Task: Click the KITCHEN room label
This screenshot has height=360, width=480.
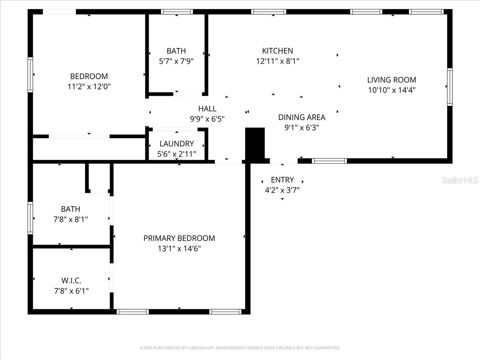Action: tap(277, 51)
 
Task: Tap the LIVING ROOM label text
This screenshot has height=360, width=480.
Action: tap(392, 80)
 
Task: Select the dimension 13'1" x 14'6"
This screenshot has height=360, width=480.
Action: tap(179, 248)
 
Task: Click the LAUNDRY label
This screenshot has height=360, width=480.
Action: tap(176, 144)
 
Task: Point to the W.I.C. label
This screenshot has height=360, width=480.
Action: tap(71, 280)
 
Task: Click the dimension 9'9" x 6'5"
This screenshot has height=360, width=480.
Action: tap(207, 119)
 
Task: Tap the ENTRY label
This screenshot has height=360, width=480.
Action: tap(282, 180)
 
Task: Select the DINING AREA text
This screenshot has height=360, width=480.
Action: tap(302, 117)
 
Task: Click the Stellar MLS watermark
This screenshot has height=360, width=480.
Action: tap(460, 180)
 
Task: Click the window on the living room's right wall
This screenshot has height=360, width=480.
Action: tap(450, 87)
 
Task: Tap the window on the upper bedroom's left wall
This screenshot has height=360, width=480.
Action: tap(30, 75)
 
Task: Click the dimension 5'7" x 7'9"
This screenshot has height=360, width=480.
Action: tap(176, 61)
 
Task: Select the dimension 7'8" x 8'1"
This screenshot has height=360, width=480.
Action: tap(71, 219)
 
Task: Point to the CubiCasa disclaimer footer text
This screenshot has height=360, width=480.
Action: tap(240, 348)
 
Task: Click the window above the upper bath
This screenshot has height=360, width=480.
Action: tap(177, 12)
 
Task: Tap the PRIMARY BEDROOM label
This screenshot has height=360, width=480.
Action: tap(179, 238)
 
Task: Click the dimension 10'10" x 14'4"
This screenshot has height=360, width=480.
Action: tap(392, 90)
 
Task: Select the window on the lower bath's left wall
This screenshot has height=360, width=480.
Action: tap(30, 218)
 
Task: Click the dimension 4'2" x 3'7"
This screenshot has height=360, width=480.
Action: tap(282, 190)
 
